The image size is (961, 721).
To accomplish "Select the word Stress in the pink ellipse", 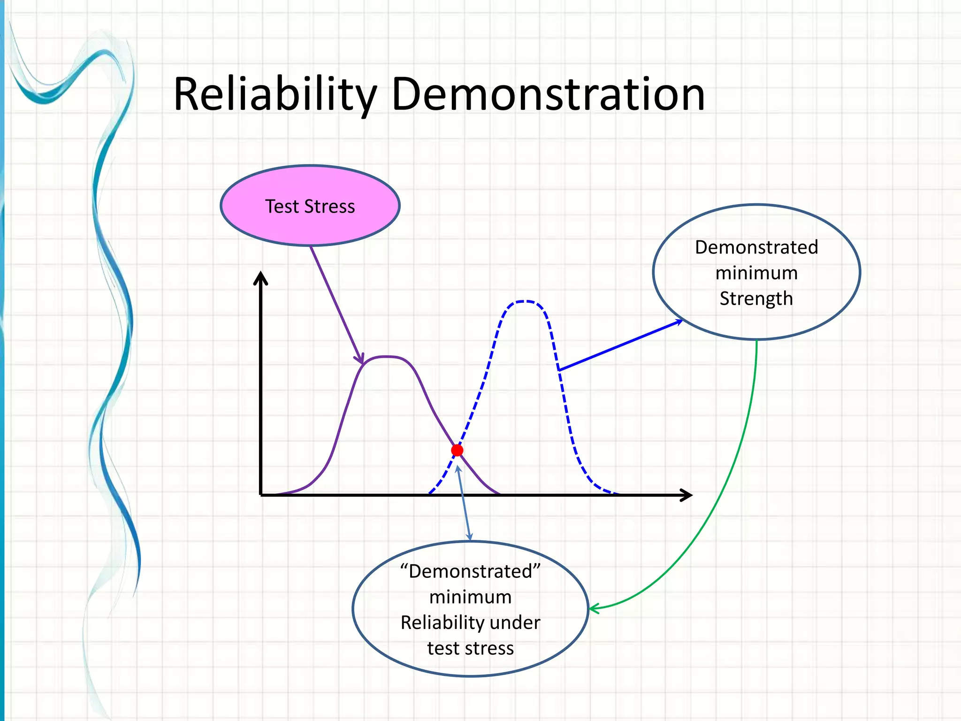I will pyautogui.click(x=329, y=207).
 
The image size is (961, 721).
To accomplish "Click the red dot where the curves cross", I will pyautogui.click(x=457, y=451).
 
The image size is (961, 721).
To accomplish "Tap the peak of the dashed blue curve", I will pyautogui.click(x=524, y=301).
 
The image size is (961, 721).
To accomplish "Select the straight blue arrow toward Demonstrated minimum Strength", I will pyautogui.click(x=619, y=345).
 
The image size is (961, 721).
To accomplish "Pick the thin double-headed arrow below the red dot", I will pyautogui.click(x=464, y=502).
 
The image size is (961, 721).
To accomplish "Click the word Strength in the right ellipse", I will pyautogui.click(x=756, y=299).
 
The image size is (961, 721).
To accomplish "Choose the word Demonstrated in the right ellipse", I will pyautogui.click(x=756, y=247).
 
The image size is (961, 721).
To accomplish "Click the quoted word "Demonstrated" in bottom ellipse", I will pyautogui.click(x=470, y=571).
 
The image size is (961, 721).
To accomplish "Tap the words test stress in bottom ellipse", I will pyautogui.click(x=470, y=648).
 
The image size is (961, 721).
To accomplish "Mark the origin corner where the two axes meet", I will pyautogui.click(x=261, y=495).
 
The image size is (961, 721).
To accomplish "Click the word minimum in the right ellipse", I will pyautogui.click(x=756, y=273).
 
